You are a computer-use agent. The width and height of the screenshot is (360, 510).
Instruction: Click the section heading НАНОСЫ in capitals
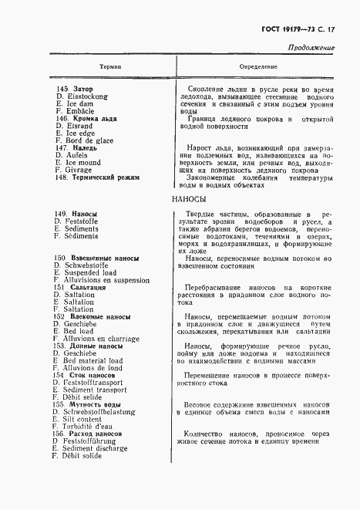pos(189,199)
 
